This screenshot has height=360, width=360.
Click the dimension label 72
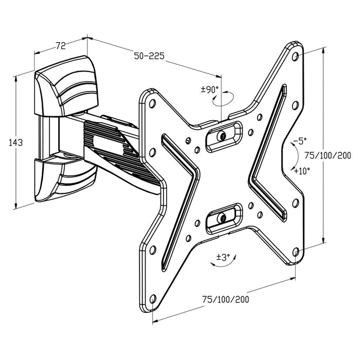tap(60, 46)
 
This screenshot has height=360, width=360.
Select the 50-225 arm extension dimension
tap(149, 56)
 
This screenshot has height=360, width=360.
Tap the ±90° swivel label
tap(209, 89)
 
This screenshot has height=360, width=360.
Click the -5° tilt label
tap(300, 140)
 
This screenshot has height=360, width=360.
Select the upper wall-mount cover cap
tap(64, 85)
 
